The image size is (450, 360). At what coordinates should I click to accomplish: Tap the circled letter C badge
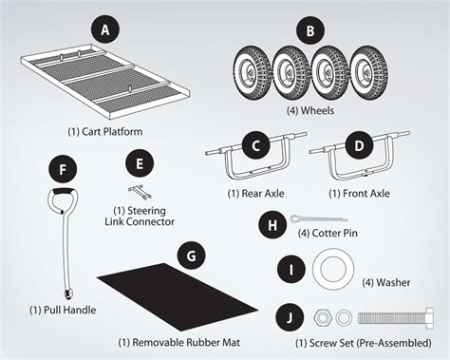point(252,146)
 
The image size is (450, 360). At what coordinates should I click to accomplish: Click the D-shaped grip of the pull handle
point(63,206)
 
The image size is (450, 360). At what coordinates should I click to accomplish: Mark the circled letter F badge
point(63,172)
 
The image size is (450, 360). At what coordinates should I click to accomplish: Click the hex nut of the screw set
point(322,317)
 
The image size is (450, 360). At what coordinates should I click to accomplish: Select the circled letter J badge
point(290,317)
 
